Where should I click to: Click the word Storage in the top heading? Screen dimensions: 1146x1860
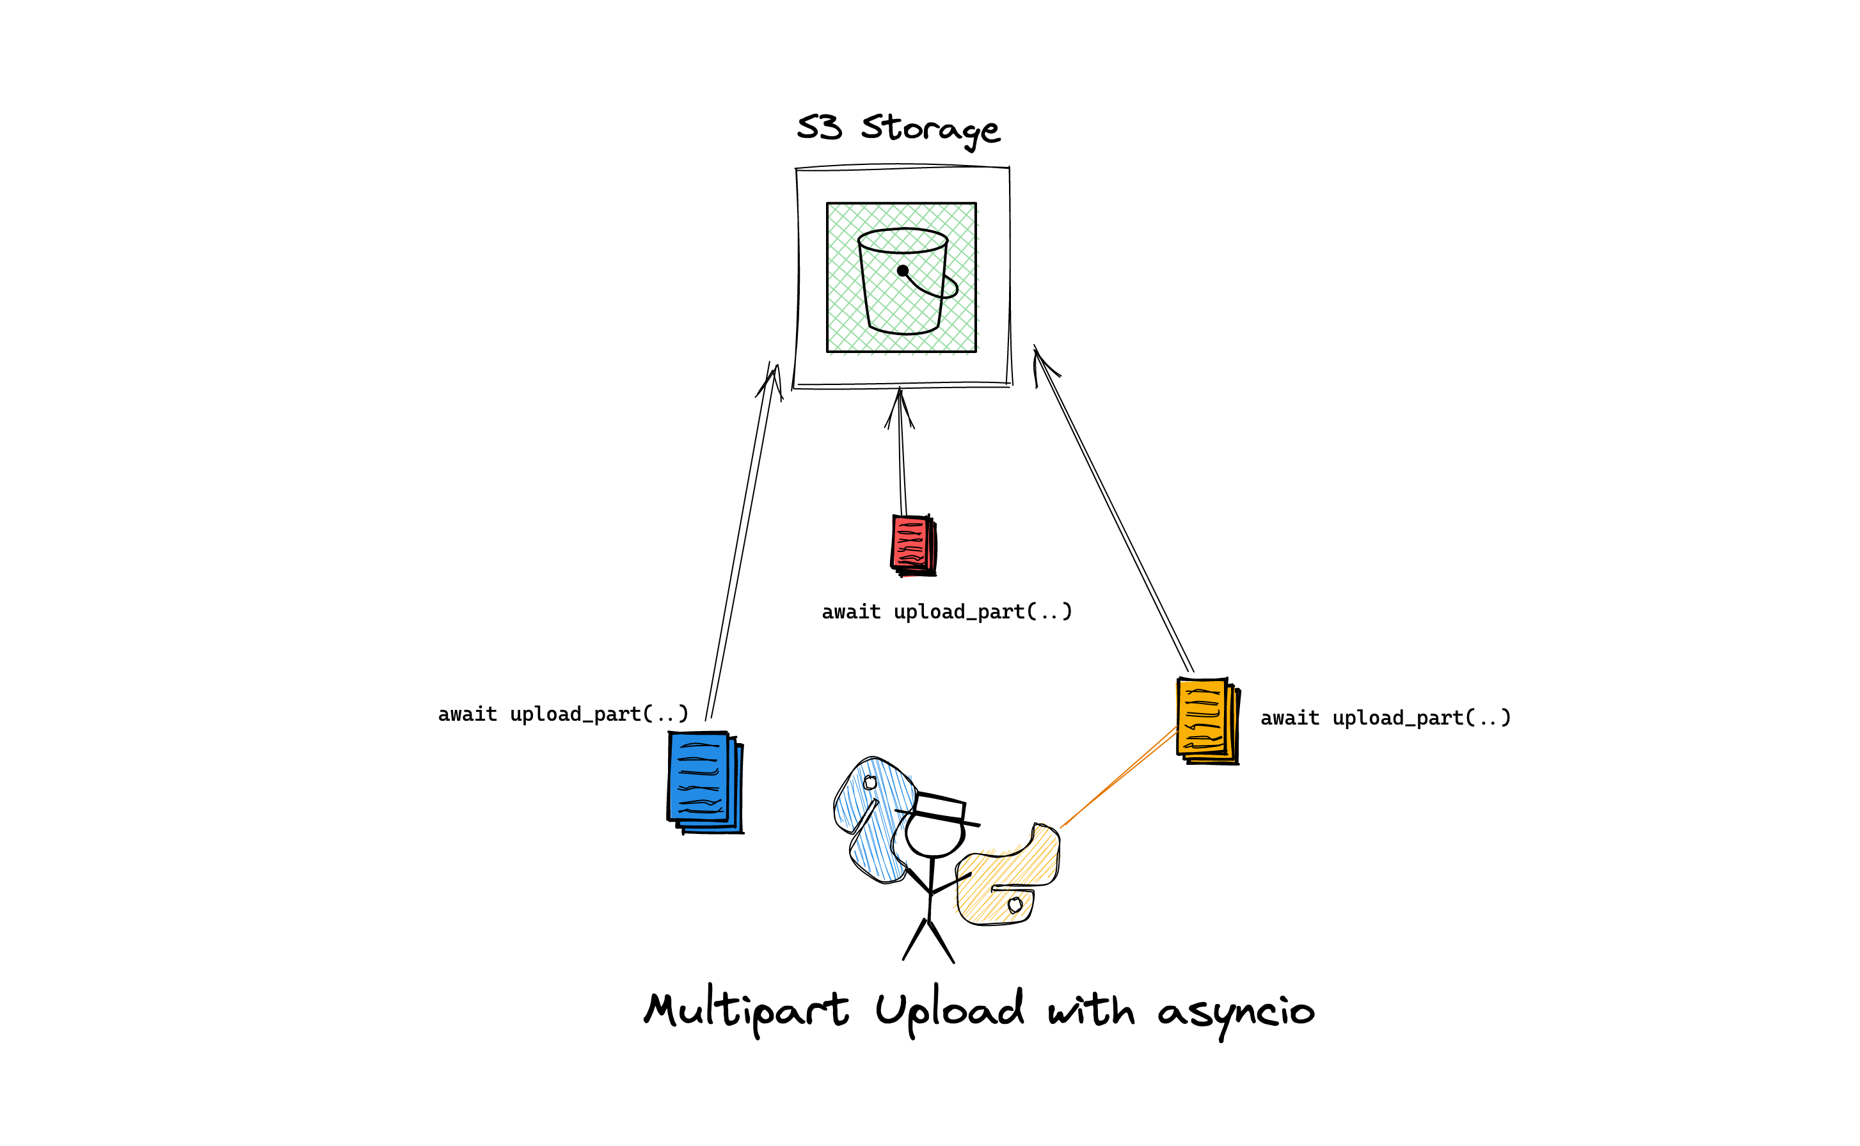click(x=930, y=129)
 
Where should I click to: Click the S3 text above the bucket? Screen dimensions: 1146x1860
click(x=819, y=127)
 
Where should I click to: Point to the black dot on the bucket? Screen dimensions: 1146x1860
click(x=902, y=271)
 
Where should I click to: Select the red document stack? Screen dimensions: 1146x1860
click(x=913, y=545)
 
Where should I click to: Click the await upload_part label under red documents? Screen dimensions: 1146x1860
click(x=946, y=611)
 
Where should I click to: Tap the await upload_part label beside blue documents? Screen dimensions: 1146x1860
click(x=562, y=714)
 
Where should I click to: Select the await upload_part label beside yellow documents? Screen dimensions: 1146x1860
click(x=1385, y=718)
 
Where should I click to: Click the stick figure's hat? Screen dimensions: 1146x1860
click(x=939, y=808)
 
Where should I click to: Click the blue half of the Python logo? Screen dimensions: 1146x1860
click(x=872, y=819)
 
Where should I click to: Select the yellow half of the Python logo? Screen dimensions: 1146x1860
click(x=1005, y=879)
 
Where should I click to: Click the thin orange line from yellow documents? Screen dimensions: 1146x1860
click(x=1118, y=778)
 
